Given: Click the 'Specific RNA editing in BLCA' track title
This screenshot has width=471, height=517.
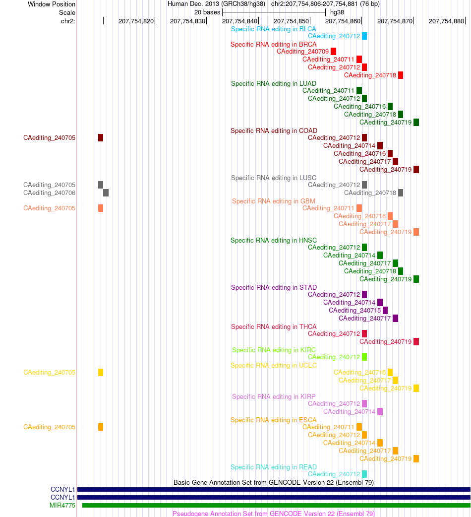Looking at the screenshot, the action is pyautogui.click(x=273, y=29).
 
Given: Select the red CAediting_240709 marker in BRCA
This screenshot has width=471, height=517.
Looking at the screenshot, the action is pyautogui.click(x=333, y=52).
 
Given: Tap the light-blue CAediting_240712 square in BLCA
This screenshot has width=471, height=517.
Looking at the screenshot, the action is pyautogui.click(x=364, y=36).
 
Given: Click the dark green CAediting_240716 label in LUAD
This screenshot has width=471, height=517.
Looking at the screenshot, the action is pyautogui.click(x=359, y=107).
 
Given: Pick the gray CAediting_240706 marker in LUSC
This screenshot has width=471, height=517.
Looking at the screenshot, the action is pyautogui.click(x=106, y=193).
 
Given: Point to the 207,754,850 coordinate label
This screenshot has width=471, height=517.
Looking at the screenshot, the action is pyautogui.click(x=291, y=21).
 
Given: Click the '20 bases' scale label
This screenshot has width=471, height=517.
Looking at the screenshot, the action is pyautogui.click(x=207, y=12).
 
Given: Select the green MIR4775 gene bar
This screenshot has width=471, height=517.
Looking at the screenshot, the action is pyautogui.click(x=276, y=505).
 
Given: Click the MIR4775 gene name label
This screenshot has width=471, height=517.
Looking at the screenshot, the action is pyautogui.click(x=62, y=505).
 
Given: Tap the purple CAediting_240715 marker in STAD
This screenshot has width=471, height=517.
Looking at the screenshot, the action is pyautogui.click(x=385, y=310).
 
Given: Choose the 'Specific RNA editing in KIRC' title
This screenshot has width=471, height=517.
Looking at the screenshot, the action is pyautogui.click(x=274, y=350).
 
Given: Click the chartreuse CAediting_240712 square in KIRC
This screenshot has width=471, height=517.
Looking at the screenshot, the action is pyautogui.click(x=364, y=357).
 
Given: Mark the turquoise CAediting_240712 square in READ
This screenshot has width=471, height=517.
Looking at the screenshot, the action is pyautogui.click(x=364, y=474).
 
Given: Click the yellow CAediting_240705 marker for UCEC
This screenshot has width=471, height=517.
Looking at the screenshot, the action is pyautogui.click(x=101, y=372).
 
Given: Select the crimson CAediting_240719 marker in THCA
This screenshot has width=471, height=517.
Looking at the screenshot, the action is pyautogui.click(x=416, y=341).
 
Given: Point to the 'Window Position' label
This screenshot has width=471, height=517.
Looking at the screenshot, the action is pyautogui.click(x=52, y=4).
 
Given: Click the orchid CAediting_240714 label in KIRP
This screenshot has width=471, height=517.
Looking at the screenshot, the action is pyautogui.click(x=349, y=411).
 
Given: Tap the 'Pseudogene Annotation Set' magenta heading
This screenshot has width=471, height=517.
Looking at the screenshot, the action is pyautogui.click(x=273, y=514).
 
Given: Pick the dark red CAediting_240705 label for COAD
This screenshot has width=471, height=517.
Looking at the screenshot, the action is pyautogui.click(x=50, y=138).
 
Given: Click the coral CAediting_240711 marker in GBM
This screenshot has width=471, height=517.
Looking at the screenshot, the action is pyautogui.click(x=359, y=208).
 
